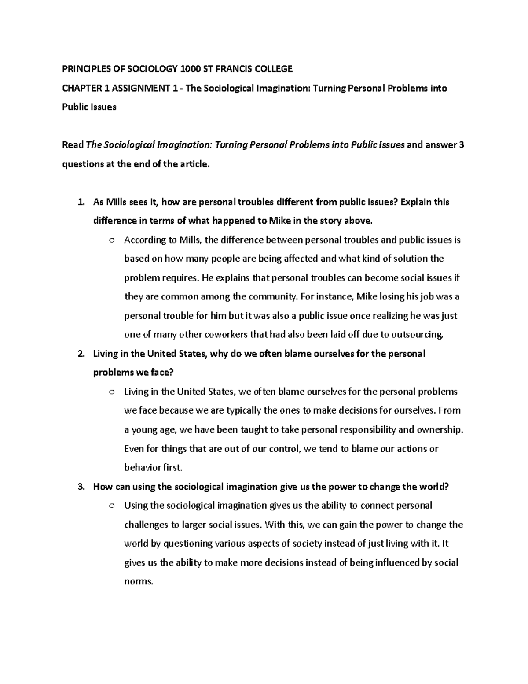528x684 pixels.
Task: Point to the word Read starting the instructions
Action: tap(73, 145)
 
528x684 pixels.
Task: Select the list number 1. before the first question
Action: tap(81, 202)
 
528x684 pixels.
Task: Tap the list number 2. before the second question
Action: tap(81, 354)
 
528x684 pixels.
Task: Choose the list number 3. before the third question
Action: tap(81, 487)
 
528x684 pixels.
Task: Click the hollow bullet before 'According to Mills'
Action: tap(111, 240)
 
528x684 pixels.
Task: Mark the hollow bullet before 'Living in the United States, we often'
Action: tap(111, 392)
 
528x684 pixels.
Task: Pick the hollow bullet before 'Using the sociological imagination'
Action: tap(111, 506)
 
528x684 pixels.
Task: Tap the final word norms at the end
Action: tap(139, 581)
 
